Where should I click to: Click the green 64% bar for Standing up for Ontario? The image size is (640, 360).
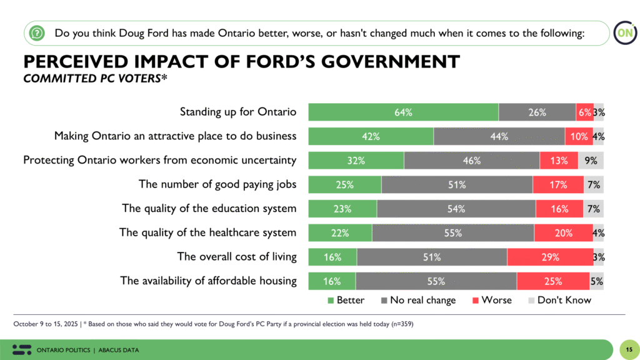click(x=403, y=112)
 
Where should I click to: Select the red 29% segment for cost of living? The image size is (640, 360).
click(x=550, y=257)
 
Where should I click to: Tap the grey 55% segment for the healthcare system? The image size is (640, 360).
click(x=452, y=233)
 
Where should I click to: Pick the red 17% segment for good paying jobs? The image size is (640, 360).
click(x=557, y=185)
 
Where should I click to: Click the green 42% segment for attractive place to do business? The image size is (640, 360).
click(x=371, y=136)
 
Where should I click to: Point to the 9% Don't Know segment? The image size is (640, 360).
click(x=591, y=161)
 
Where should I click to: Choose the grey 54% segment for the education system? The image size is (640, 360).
click(x=456, y=209)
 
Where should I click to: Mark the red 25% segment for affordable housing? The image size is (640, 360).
click(x=552, y=281)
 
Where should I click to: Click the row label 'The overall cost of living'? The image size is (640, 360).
click(x=237, y=257)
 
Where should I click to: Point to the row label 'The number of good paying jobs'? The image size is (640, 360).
click(x=217, y=185)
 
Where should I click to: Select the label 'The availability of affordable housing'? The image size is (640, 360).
click(x=208, y=281)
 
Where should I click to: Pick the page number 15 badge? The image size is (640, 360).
click(x=628, y=349)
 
